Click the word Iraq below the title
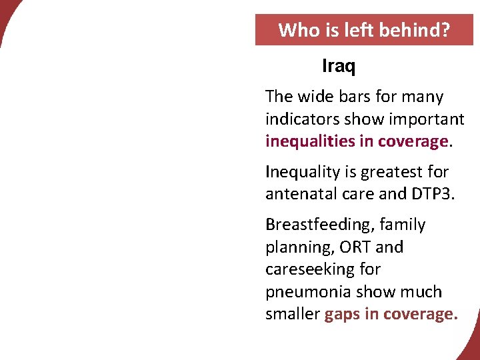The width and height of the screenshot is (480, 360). [339, 67]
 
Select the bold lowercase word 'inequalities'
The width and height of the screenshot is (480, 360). [310, 142]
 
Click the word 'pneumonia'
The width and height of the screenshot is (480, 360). [303, 292]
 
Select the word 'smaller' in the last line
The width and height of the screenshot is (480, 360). [292, 315]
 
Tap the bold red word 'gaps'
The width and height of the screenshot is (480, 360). [342, 315]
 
